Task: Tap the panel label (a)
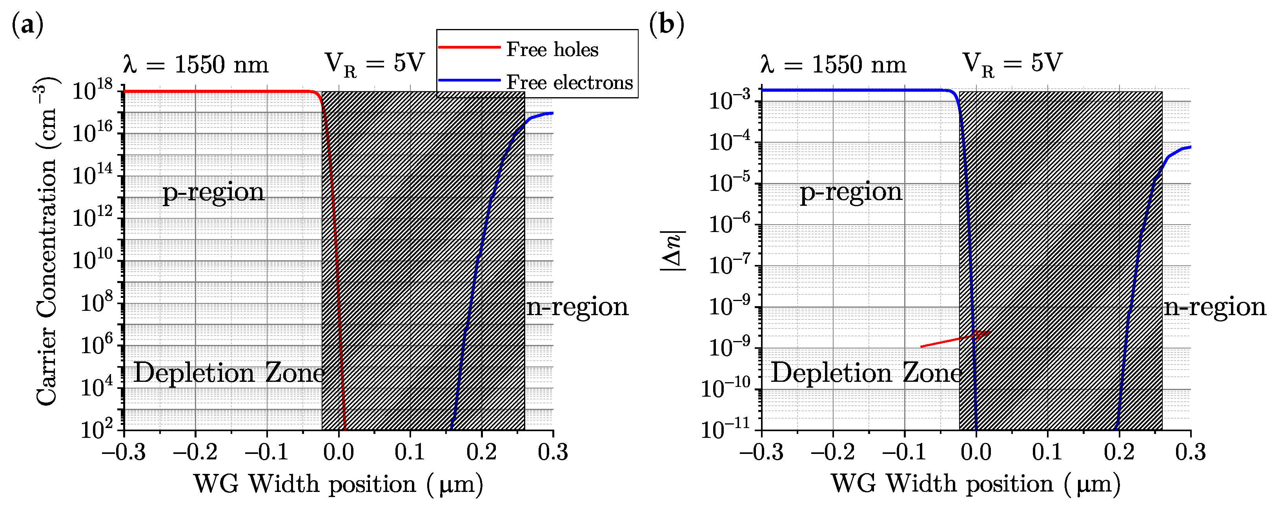pyautogui.click(x=27, y=24)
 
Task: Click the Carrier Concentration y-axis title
pyautogui.click(x=47, y=243)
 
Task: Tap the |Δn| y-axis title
pyautogui.click(x=673, y=251)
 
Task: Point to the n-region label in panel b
pyautogui.click(x=1215, y=307)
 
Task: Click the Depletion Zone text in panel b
pyautogui.click(x=866, y=373)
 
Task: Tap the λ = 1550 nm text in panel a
pyautogui.click(x=195, y=65)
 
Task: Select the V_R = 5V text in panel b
pyautogui.click(x=1012, y=65)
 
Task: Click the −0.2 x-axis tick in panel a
pyautogui.click(x=195, y=452)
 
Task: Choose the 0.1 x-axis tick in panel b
pyautogui.click(x=1047, y=452)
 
